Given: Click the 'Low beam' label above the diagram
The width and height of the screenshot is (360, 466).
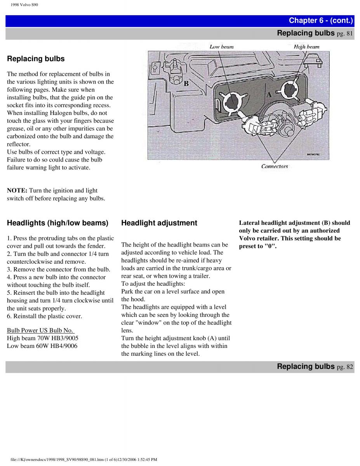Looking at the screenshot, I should pos(222,47).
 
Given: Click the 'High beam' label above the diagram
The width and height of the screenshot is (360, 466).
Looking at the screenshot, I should pos(306,47).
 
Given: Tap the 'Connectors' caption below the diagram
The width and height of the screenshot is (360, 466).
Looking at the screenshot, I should pos(275,167).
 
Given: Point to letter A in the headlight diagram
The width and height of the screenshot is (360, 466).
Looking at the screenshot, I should pos(269,94).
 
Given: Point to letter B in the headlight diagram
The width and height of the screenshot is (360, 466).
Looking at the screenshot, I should pos(186,83).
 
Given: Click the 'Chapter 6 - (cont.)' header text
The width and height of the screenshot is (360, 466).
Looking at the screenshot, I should pos(321,21).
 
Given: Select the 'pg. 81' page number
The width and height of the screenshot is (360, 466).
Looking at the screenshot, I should pos(345,34).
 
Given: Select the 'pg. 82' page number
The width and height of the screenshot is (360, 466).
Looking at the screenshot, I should pos(345,367).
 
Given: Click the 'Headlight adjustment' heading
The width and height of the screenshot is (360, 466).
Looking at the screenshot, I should pos(159,223).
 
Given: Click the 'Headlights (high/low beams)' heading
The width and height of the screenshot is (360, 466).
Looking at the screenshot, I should pos(57,223).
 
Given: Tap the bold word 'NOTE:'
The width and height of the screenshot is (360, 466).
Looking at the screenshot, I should pos(17,190).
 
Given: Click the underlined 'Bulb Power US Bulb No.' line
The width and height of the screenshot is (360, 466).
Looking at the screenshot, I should pos(41,330).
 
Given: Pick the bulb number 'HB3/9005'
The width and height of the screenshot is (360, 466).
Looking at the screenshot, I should pos(64,338).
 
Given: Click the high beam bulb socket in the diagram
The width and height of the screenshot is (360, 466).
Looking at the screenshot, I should pos(289,90).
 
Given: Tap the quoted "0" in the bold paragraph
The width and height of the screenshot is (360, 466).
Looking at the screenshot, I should pos(270,246).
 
